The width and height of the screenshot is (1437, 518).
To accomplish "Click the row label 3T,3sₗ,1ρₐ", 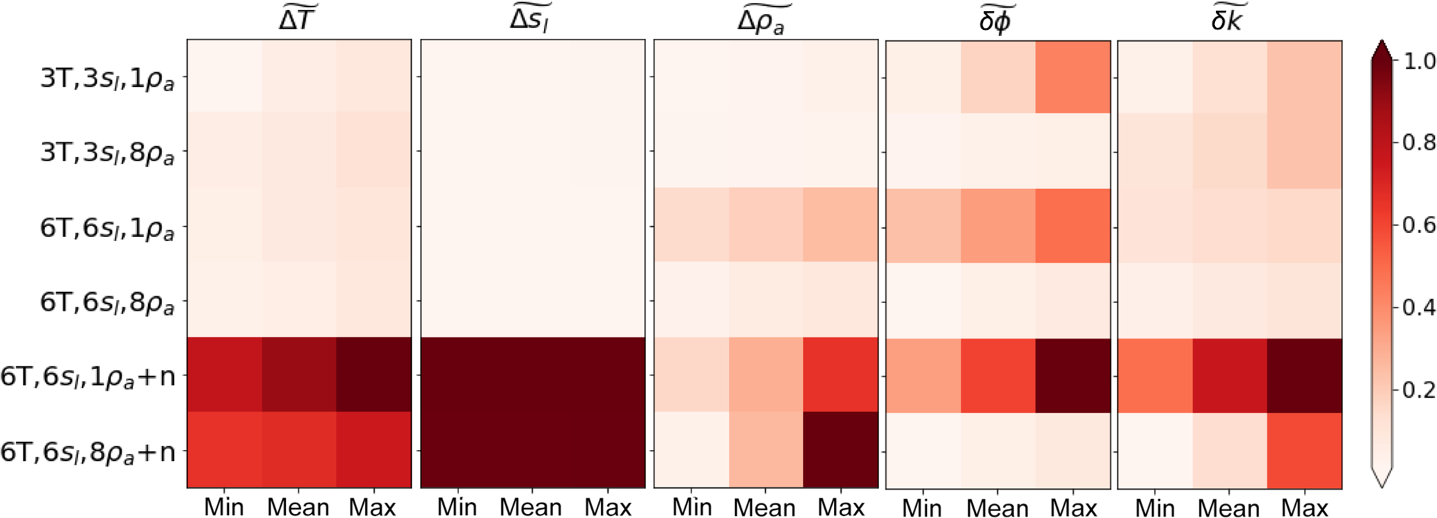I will point(107,79).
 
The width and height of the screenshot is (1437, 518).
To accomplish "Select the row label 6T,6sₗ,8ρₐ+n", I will point(88,453).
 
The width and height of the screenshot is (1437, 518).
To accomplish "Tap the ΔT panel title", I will point(298,19).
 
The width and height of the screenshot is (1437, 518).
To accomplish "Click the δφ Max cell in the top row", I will point(1073,77).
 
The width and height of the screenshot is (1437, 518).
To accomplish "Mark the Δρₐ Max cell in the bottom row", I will point(840,450).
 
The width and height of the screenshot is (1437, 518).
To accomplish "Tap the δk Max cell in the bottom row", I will point(1305,451).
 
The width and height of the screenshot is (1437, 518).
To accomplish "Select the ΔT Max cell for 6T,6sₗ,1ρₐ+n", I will point(374,375).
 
